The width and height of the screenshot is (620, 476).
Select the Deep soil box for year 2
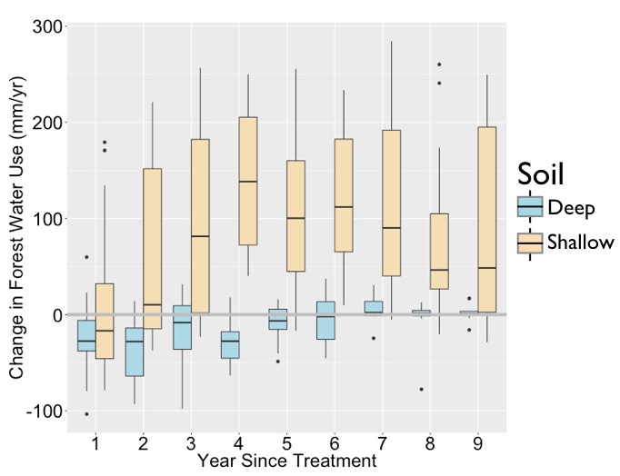pos(134,352)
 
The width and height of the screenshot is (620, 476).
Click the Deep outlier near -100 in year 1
pos(86,414)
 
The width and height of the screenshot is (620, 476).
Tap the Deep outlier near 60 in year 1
pos(86,257)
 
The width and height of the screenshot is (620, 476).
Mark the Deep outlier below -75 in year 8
pos(421,389)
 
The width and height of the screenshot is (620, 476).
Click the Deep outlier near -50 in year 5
pos(277,362)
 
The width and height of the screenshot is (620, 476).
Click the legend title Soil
pos(544,173)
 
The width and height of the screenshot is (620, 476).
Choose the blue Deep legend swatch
pos(530,208)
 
